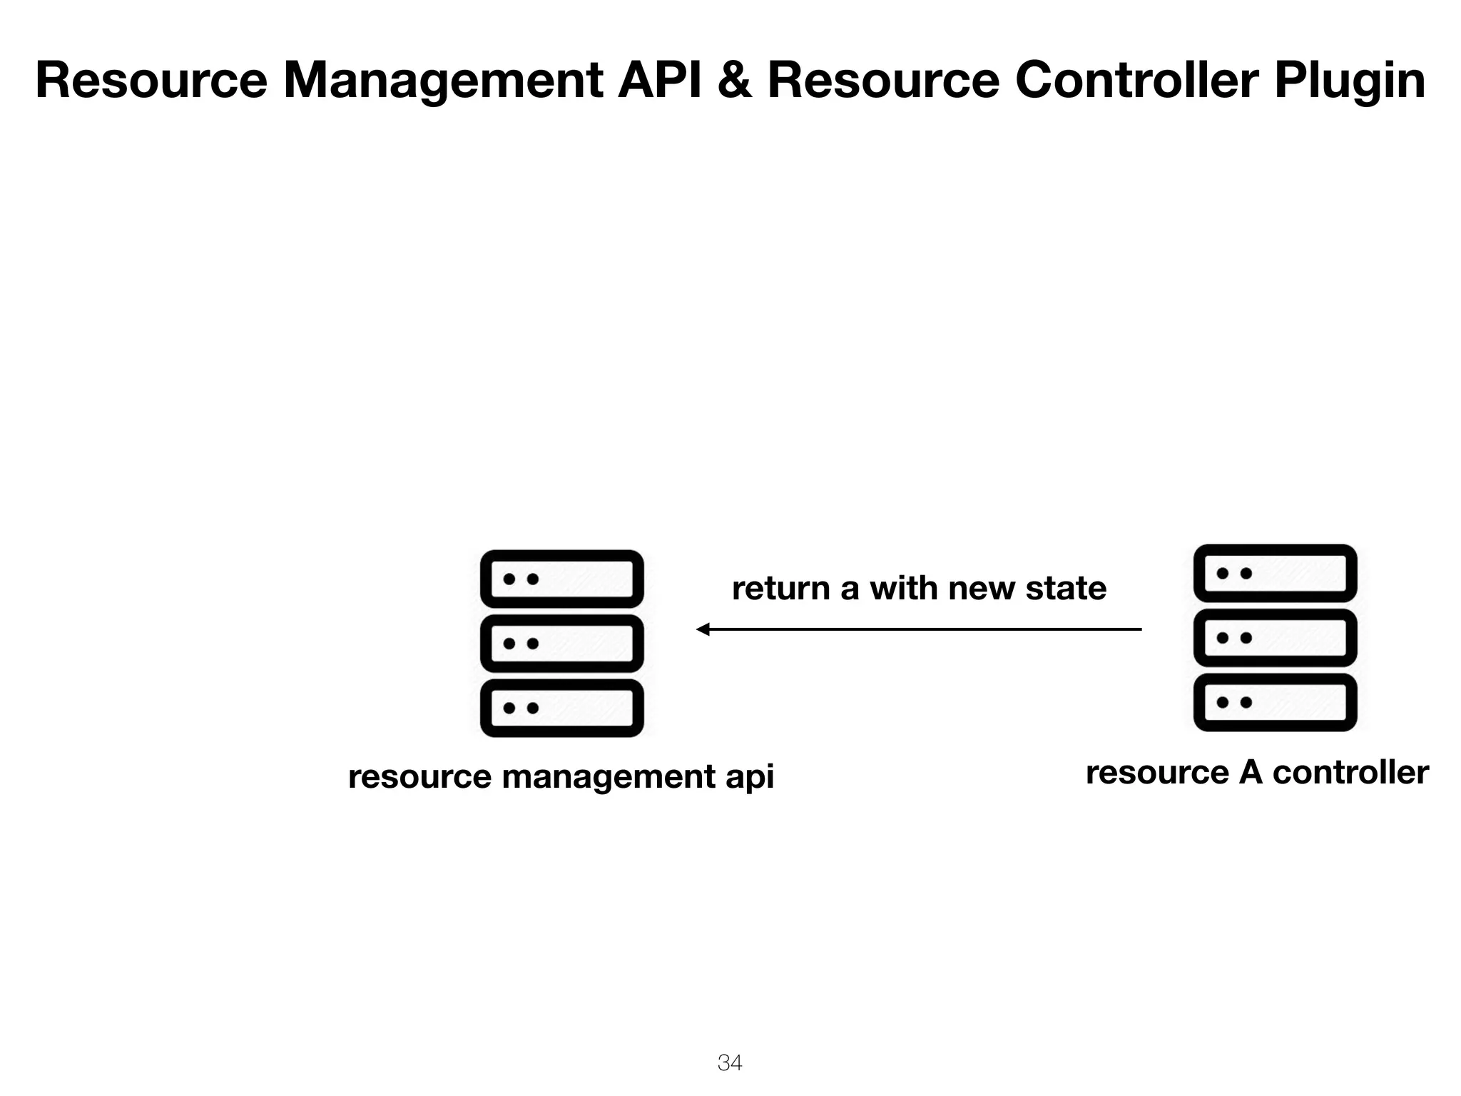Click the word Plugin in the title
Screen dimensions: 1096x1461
pos(1350,80)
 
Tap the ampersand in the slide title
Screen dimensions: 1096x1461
pos(735,80)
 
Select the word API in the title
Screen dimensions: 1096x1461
pos(660,80)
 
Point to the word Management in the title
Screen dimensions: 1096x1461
pos(443,80)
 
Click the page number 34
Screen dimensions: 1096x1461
pos(730,1063)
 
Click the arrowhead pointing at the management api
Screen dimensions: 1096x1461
pos(703,629)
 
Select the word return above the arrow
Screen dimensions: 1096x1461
pos(780,589)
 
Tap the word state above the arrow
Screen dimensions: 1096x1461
pos(1066,589)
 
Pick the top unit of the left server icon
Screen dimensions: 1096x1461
pos(562,579)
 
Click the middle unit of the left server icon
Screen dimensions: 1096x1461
pos(562,644)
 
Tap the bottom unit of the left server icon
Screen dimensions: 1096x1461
pos(562,708)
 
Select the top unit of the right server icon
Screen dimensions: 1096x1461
pos(1275,573)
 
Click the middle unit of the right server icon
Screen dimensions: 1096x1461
pos(1275,637)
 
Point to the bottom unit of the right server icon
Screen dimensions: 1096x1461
pos(1275,702)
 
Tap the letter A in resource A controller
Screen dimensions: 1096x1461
pos(1251,772)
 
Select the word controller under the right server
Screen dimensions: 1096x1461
pos(1350,772)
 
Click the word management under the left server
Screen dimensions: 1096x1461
pos(609,776)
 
